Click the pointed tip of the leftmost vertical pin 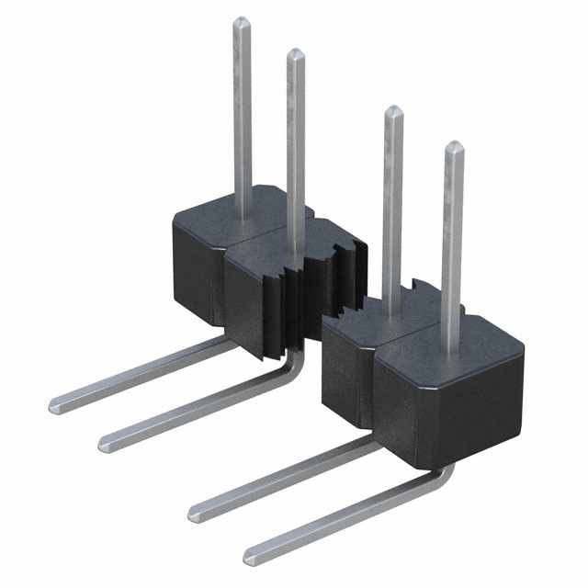[241, 21]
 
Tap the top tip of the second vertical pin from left [295, 53]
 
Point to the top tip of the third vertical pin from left [393, 111]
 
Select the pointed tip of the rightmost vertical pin [453, 146]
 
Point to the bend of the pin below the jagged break [292, 368]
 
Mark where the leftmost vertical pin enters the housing [242, 217]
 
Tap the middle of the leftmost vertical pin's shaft [242, 119]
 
